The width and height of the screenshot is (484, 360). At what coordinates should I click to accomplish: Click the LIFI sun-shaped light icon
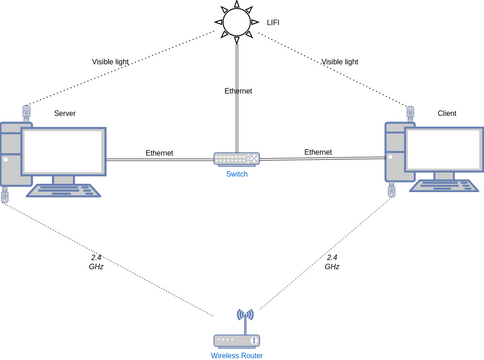(237, 21)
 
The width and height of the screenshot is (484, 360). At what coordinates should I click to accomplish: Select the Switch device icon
(237, 158)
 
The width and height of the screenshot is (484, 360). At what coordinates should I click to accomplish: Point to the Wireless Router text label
(238, 354)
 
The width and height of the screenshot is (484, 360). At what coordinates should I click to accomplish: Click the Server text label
(65, 113)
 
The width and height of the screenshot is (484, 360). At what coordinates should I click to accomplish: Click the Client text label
(447, 114)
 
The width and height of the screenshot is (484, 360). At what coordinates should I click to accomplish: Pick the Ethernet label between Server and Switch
(159, 152)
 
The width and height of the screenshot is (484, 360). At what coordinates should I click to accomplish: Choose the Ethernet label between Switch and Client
(318, 152)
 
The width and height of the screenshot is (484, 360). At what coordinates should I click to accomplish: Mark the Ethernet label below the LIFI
(238, 91)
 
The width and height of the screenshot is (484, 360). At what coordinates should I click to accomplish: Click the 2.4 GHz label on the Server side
(96, 262)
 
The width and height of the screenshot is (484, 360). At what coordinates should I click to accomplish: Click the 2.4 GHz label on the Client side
(332, 262)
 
